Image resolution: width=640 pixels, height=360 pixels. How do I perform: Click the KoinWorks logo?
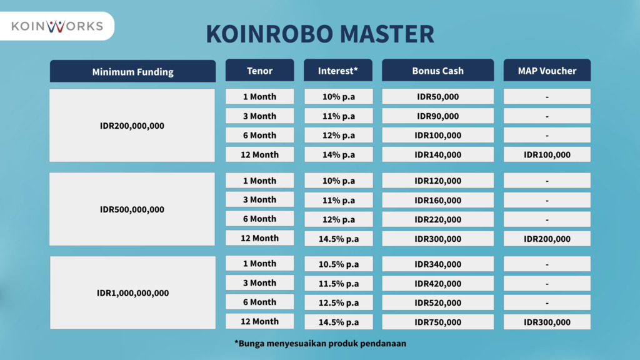(57, 26)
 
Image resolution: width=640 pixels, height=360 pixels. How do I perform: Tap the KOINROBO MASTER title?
(320, 34)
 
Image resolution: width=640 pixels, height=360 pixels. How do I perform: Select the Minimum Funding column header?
(132, 71)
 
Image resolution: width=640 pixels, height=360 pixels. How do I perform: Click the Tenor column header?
(259, 70)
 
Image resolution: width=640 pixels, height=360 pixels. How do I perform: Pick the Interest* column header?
(338, 70)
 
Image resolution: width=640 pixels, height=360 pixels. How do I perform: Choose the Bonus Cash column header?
(437, 70)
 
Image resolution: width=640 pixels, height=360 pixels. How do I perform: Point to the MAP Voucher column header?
(547, 70)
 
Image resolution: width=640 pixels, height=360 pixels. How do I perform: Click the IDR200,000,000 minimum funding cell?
(132, 125)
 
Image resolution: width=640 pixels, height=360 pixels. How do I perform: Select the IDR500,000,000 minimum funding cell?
(132, 209)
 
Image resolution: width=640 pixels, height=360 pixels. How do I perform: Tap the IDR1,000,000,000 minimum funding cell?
(132, 292)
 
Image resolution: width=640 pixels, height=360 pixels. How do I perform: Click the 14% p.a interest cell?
(338, 155)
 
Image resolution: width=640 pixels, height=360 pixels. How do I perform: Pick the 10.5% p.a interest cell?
(338, 264)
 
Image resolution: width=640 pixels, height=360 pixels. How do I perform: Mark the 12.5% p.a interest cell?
(338, 302)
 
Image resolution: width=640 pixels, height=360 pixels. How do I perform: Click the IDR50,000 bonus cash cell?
(437, 96)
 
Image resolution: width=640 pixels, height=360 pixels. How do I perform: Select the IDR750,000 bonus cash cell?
(437, 322)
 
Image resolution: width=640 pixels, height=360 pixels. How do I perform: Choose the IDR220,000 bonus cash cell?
(437, 219)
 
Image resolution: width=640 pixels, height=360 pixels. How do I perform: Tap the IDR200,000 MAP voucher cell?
(547, 239)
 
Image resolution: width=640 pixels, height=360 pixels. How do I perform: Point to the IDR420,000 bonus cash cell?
(437, 283)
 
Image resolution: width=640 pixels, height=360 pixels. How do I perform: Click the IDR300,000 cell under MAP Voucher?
(547, 322)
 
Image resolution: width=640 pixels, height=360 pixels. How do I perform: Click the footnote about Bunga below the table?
(320, 343)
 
